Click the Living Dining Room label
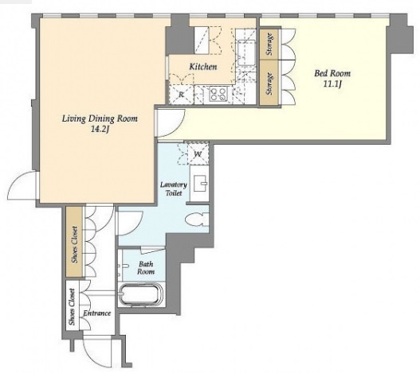click(100, 119)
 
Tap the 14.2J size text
click(100, 130)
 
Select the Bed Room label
click(332, 73)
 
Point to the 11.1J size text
click(332, 84)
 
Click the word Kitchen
click(203, 67)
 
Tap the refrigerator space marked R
click(181, 95)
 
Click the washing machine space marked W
click(198, 154)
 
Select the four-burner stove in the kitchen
click(218, 95)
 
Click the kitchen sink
click(246, 52)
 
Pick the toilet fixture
click(197, 220)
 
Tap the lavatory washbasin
click(199, 184)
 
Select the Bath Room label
click(146, 268)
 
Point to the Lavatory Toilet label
click(174, 188)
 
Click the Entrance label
click(96, 313)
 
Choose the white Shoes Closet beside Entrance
click(73, 307)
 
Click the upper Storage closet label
click(270, 44)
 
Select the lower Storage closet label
click(270, 84)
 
